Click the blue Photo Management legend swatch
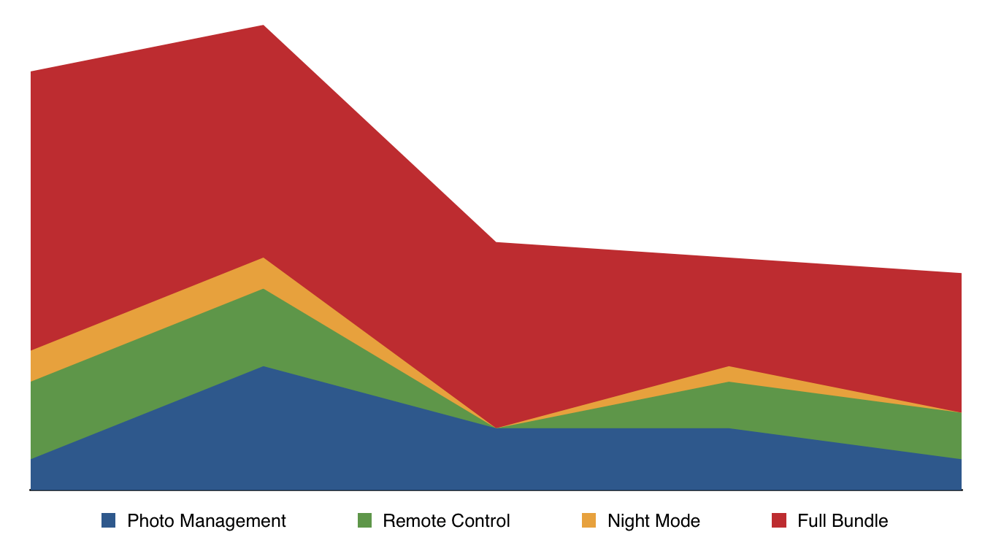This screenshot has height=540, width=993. point(109,520)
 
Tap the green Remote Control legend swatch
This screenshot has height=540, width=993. point(364,520)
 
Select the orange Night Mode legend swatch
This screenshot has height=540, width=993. point(588,520)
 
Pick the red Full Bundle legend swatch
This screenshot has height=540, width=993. point(779,520)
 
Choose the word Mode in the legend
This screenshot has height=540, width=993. point(677,521)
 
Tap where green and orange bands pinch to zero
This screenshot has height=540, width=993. point(496,428)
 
